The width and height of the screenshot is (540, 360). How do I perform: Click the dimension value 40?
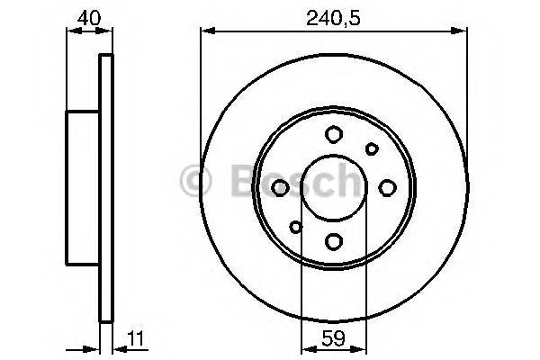point(88,17)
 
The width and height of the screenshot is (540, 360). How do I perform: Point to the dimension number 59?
point(333,340)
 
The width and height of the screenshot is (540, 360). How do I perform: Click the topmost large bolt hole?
point(333,134)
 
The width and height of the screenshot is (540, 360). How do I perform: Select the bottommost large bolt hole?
point(333,240)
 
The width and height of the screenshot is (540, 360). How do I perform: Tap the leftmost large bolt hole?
point(280,187)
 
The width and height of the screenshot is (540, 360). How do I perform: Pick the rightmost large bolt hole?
point(387,187)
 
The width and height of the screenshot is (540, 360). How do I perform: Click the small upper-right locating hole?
point(371,148)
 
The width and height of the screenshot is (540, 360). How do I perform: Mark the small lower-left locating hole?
point(295,226)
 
